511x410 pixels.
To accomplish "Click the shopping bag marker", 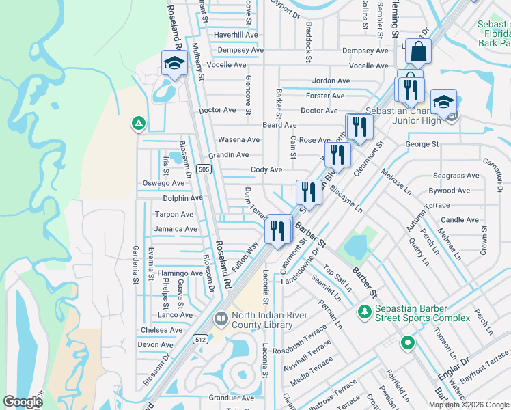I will pyautogui.click(x=418, y=51).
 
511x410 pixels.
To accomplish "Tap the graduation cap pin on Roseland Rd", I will pyautogui.click(x=174, y=64).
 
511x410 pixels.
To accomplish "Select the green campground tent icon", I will pyautogui.click(x=138, y=124).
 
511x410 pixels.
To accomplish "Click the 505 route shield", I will pyautogui.click(x=203, y=169).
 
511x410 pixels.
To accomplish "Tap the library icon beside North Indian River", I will pyautogui.click(x=221, y=319).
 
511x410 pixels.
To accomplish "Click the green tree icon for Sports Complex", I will pyautogui.click(x=365, y=312).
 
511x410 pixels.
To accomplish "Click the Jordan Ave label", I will pyautogui.click(x=331, y=81).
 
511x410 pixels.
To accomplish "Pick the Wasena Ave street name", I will pyautogui.click(x=238, y=139).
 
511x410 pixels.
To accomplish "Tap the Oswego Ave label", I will pyautogui.click(x=163, y=183).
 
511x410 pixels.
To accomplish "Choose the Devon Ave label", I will pyautogui.click(x=156, y=345).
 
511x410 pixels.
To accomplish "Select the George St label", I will pyautogui.click(x=422, y=144).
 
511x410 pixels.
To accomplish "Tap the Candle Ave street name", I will pyautogui.click(x=460, y=220).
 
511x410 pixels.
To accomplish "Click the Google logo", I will pyautogui.click(x=23, y=402).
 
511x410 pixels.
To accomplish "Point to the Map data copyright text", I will pyautogui.click(x=469, y=405).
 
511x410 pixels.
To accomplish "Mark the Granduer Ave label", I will pyautogui.click(x=231, y=397).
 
